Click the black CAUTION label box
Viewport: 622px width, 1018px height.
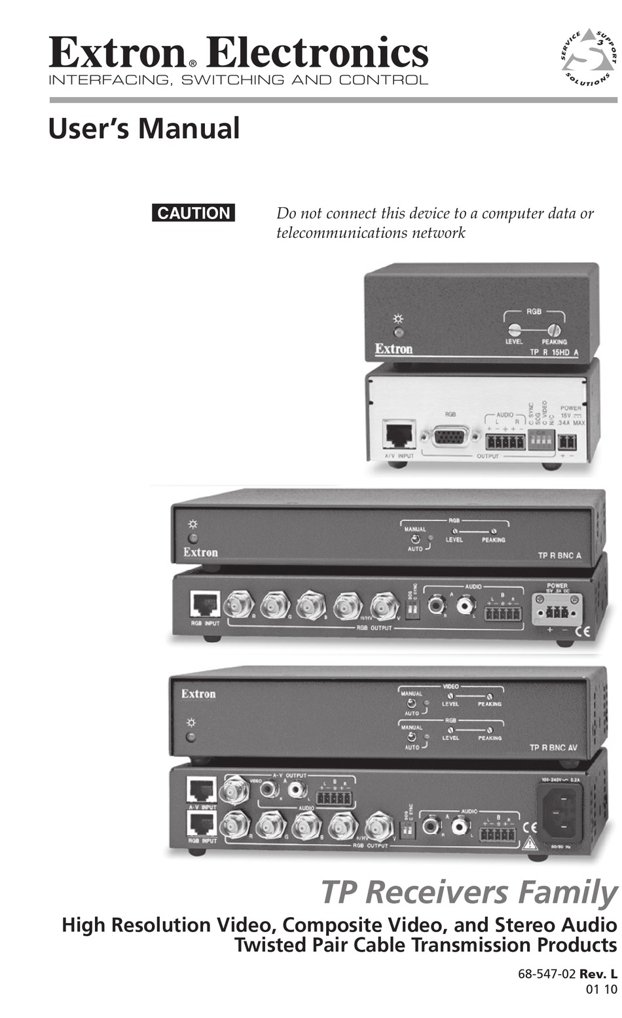[193, 213]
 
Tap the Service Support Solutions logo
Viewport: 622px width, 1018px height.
[589, 58]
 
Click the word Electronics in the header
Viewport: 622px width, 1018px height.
[318, 52]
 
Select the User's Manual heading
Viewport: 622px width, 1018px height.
[144, 128]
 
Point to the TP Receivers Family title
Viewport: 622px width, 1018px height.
[468, 892]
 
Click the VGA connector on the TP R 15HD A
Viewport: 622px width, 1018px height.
[450, 437]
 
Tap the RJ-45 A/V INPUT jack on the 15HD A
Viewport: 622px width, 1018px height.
[399, 435]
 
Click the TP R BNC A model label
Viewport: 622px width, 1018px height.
[559, 556]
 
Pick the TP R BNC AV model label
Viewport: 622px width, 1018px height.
[553, 747]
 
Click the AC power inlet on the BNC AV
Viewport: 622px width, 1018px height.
[559, 813]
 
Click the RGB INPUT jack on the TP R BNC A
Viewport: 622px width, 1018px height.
[205, 604]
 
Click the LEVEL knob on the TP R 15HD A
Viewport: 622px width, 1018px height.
[515, 330]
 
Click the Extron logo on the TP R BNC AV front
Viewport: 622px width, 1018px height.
[198, 694]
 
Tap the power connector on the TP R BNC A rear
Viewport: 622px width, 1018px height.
[554, 611]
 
